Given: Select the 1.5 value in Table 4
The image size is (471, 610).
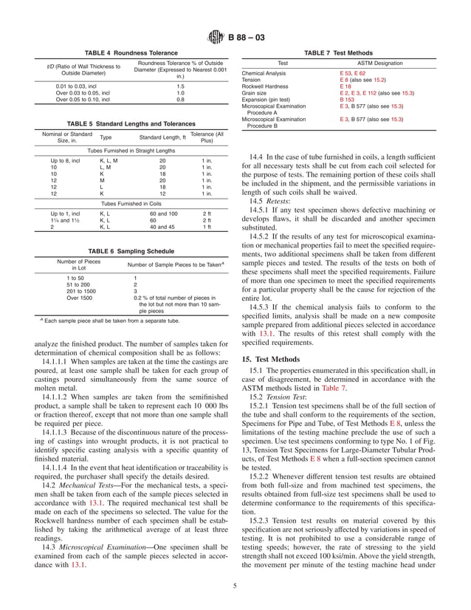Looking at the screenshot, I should coord(181,86).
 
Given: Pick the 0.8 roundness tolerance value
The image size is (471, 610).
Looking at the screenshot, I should coord(181,98).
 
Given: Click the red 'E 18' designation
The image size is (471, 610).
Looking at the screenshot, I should coord(345,86).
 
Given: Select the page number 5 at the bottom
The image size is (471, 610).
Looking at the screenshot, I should coord(235,586).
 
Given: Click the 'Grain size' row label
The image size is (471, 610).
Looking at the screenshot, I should coord(255,93).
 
